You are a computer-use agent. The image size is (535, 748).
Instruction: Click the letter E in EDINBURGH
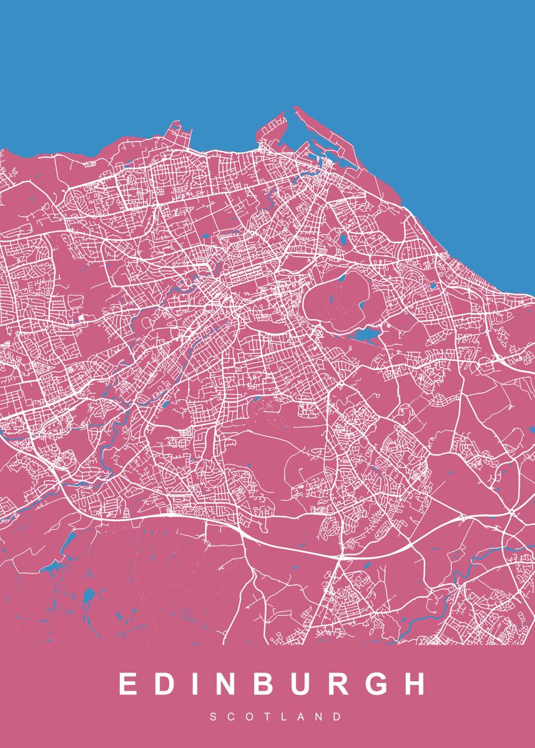pyautogui.click(x=129, y=684)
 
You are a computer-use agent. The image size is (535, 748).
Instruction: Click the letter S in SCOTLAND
pyautogui.click(x=214, y=717)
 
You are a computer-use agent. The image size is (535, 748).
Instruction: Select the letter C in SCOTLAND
pyautogui.click(x=231, y=717)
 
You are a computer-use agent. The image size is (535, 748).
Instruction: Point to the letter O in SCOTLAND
pyautogui.click(x=250, y=717)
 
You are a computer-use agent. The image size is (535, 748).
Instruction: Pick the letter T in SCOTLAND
pyautogui.click(x=267, y=717)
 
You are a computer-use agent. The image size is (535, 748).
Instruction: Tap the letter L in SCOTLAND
pyautogui.click(x=284, y=717)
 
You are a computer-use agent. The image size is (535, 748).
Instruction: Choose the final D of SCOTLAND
pyautogui.click(x=338, y=717)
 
